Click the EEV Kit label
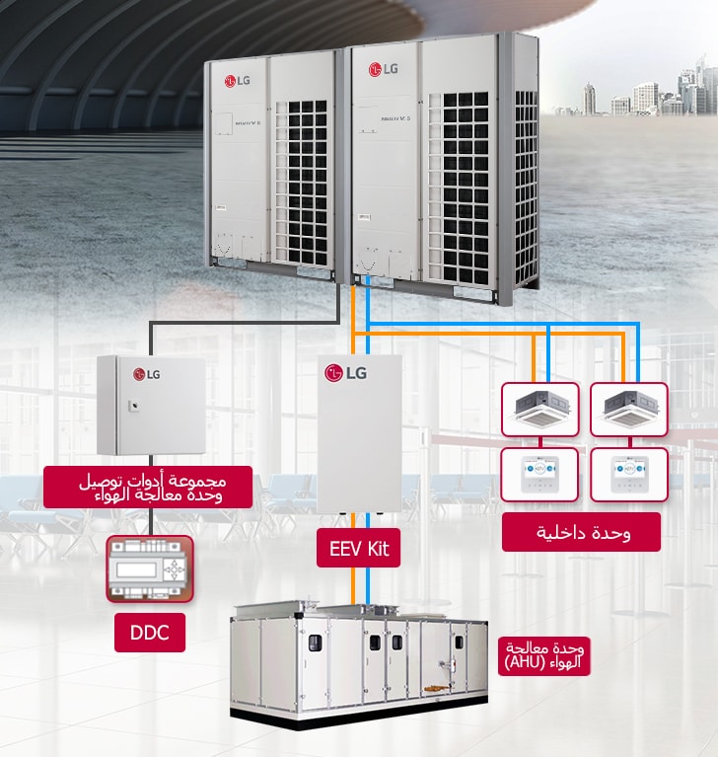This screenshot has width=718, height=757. coord(359,548)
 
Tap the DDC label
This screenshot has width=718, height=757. coord(149,633)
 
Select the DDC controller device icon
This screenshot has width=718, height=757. coord(149,568)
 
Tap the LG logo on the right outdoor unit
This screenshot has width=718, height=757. coord(383,69)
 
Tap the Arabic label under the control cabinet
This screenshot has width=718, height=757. coord(148,488)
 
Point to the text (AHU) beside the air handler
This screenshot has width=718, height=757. coord(532,663)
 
